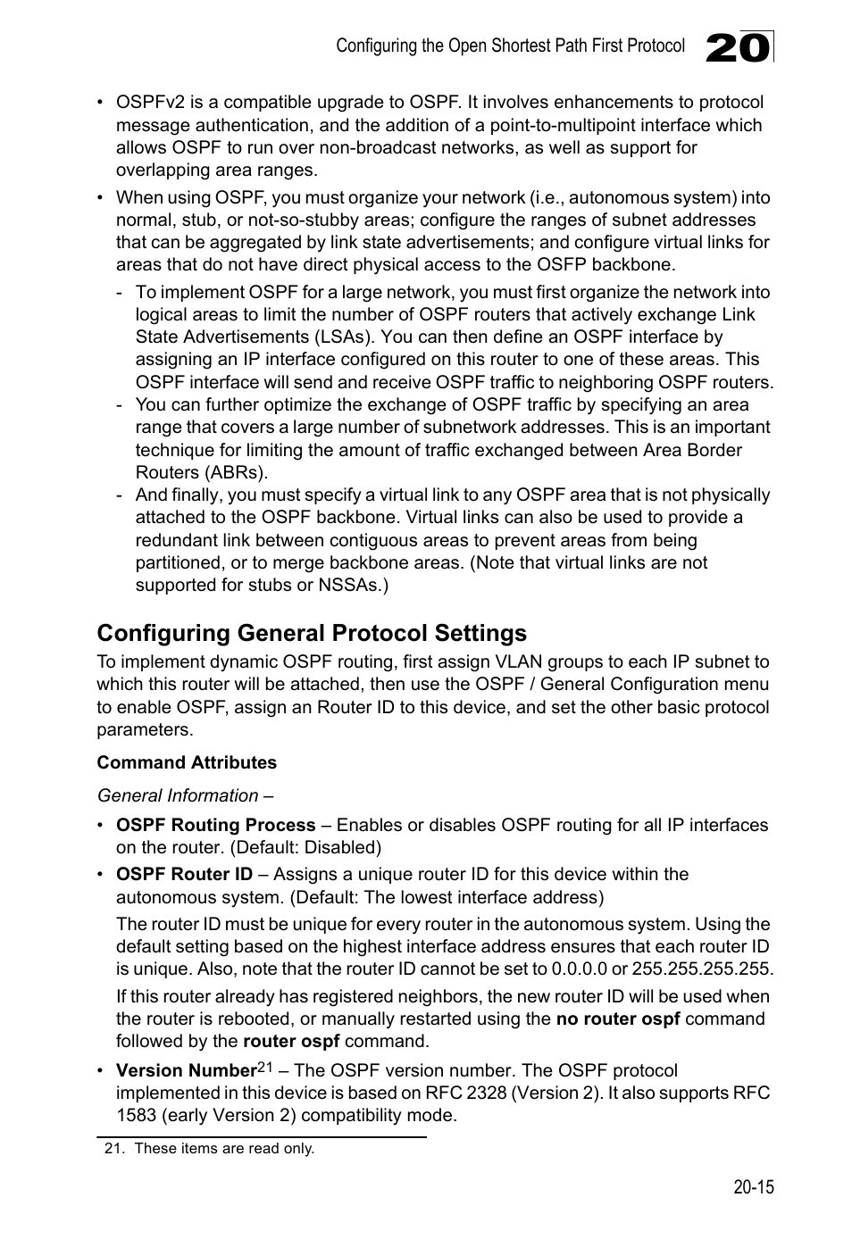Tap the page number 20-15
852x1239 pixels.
click(x=753, y=1187)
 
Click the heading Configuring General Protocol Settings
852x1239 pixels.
click(x=312, y=633)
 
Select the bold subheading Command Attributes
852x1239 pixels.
click(x=187, y=762)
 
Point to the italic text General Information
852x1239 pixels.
click(x=178, y=795)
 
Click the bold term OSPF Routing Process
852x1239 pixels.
click(x=215, y=825)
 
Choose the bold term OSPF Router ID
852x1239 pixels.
click(x=184, y=874)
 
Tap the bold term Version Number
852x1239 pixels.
click(x=186, y=1070)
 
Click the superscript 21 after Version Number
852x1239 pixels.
click(x=265, y=1066)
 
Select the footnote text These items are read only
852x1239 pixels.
click(x=224, y=1148)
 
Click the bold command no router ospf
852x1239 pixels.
click(x=618, y=1019)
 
